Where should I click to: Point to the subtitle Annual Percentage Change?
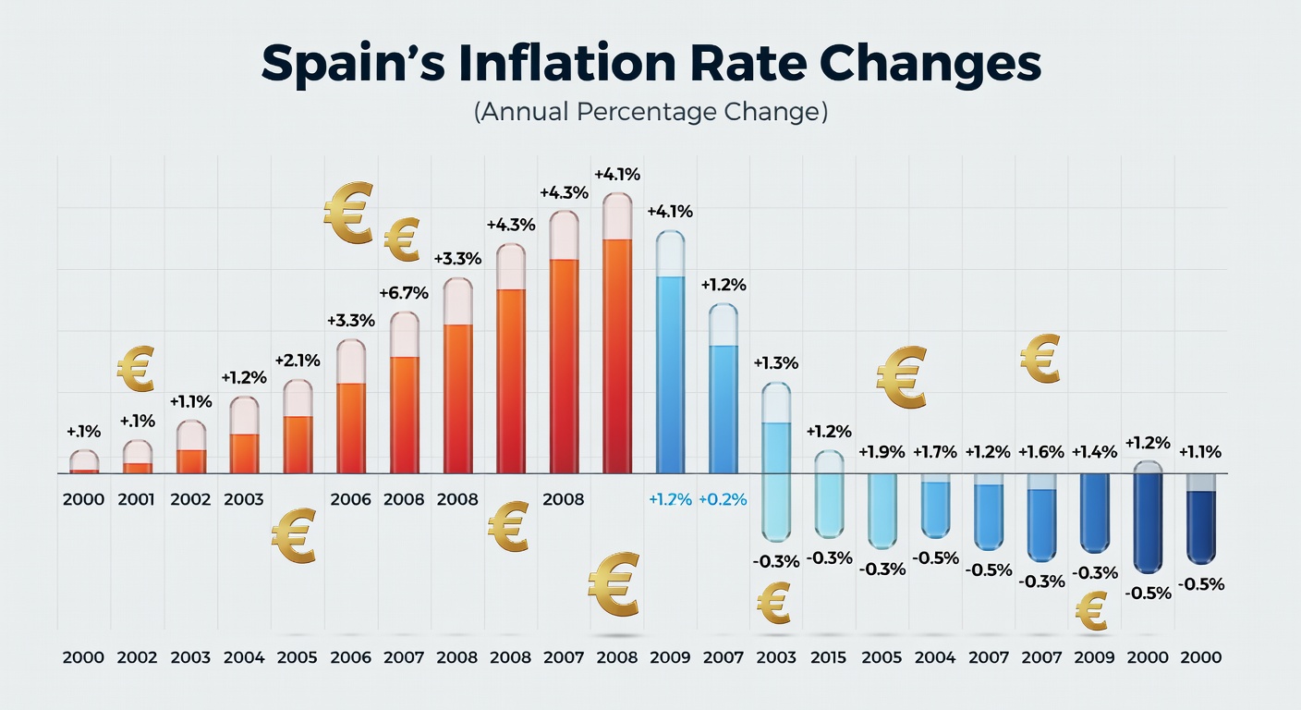coord(650,113)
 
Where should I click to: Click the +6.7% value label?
coord(404,293)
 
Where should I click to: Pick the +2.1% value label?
coord(298,360)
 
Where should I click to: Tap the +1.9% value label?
coord(882,452)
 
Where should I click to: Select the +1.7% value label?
coord(936,452)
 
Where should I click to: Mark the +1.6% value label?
coord(1041,452)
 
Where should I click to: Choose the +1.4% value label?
coord(1095,452)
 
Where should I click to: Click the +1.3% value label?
coord(776,363)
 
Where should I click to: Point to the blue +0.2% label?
coord(723,500)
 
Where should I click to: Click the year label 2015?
coord(829,657)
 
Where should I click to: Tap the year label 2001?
coord(137,500)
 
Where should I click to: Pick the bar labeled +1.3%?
coord(776,462)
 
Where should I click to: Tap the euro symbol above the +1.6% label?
coord(1040,359)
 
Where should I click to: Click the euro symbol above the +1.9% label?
coord(901,377)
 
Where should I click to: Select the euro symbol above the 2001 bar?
coord(135,368)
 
